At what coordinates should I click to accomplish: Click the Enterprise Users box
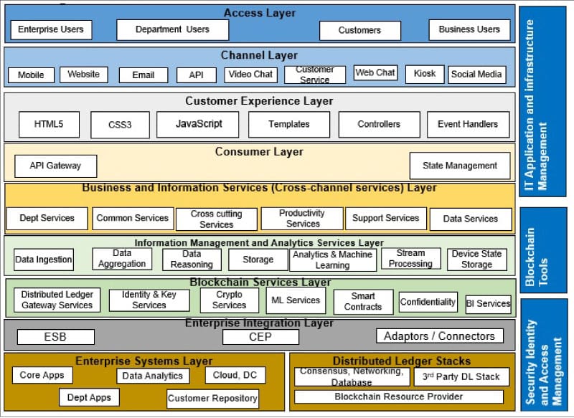tap(51, 29)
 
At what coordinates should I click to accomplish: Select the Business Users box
tap(469, 29)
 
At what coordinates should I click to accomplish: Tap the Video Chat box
tap(250, 75)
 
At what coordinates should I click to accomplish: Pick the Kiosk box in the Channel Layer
tap(424, 74)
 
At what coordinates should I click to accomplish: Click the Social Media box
tap(477, 75)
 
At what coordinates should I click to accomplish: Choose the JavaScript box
tap(199, 124)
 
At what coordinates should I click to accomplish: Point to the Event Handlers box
tap(467, 124)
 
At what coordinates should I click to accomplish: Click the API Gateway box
tap(55, 166)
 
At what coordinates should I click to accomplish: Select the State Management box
tap(459, 166)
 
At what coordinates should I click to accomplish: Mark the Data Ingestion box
tap(44, 260)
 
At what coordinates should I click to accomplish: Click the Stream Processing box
tap(410, 259)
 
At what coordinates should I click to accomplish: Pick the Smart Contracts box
tap(363, 301)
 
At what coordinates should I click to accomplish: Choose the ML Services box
tap(293, 300)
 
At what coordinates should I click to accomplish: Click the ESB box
tap(55, 336)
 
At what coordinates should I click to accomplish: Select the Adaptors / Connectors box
tap(439, 336)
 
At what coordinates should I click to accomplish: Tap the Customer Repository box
tap(212, 399)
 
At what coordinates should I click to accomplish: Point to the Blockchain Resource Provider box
tap(398, 396)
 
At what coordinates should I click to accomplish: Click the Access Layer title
tap(259, 13)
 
